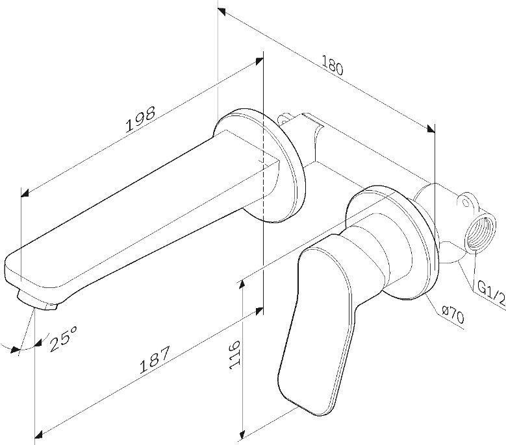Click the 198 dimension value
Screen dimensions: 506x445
tap(140, 119)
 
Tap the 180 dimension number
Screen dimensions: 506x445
tap(333, 66)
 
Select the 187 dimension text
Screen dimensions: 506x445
tap(154, 360)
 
